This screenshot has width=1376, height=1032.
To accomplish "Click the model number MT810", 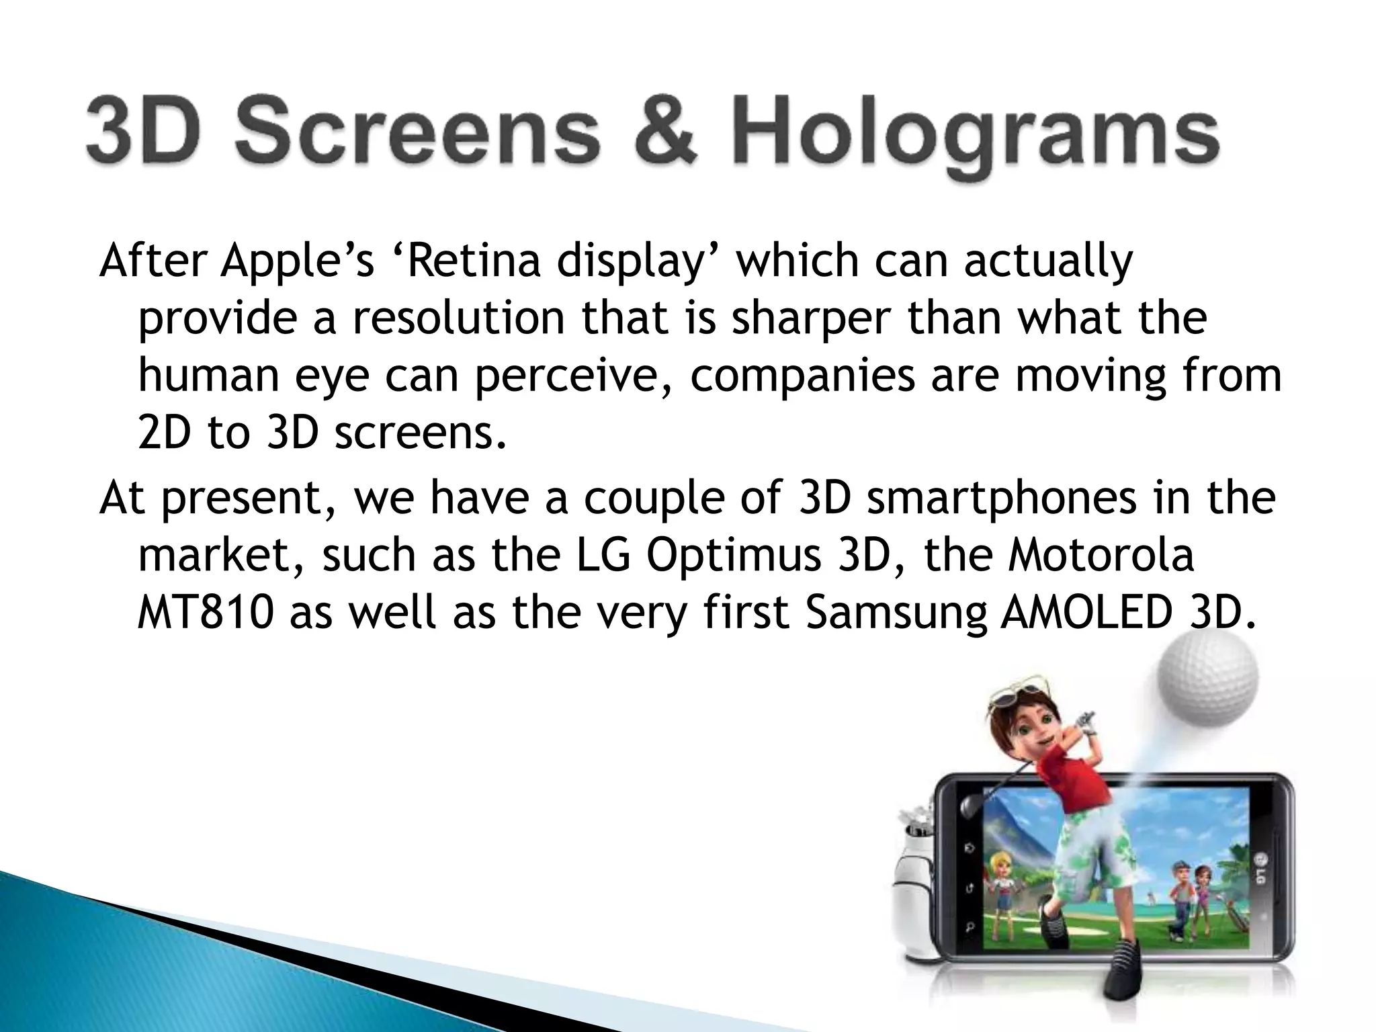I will tap(206, 613).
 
